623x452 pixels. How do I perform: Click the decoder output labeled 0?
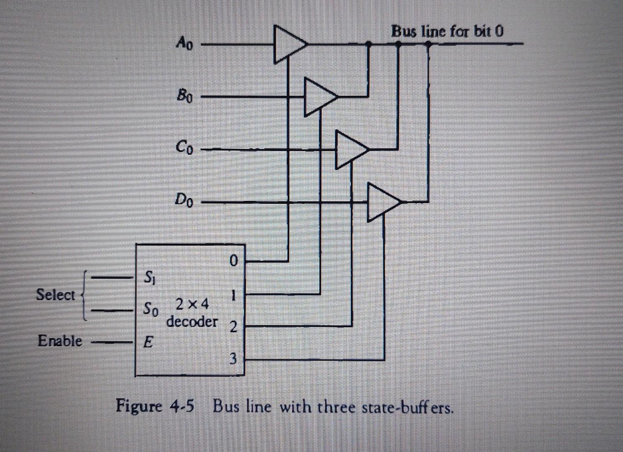click(x=233, y=261)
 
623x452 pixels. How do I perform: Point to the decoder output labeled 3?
click(x=233, y=359)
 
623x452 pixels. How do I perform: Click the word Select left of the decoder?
click(x=55, y=295)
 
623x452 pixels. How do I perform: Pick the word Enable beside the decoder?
click(x=60, y=341)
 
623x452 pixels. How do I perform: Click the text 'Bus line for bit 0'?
click(x=447, y=31)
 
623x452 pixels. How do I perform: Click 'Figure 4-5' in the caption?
click(x=155, y=406)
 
